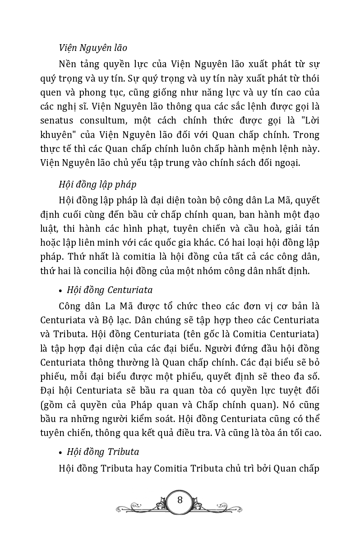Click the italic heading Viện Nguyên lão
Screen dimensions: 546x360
(93, 47)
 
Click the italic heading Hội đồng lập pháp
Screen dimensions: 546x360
(97, 184)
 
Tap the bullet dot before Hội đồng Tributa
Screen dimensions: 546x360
(60, 452)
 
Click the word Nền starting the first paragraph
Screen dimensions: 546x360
(69, 64)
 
